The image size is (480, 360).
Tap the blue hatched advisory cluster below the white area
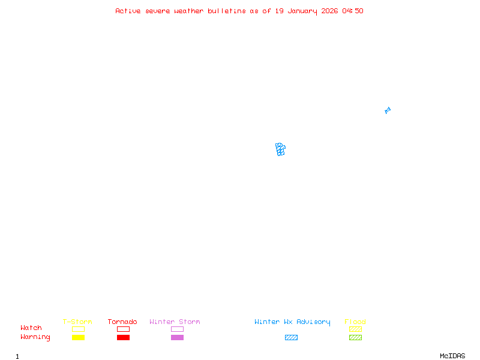[x=280, y=149]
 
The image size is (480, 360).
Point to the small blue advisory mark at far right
[x=388, y=110]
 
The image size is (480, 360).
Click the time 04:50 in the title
[x=353, y=11]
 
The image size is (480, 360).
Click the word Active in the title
[x=128, y=11]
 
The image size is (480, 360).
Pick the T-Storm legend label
[x=77, y=322]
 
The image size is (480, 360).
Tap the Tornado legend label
[x=122, y=322]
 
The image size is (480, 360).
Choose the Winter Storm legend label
[x=175, y=322]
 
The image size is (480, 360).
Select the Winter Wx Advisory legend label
[x=292, y=322]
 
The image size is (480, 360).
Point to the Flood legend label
[x=355, y=322]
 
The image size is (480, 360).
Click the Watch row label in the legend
[x=31, y=328]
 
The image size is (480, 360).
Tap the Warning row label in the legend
[x=35, y=337]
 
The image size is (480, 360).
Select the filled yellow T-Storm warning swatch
[x=78, y=337]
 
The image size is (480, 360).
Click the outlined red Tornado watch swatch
[x=123, y=329]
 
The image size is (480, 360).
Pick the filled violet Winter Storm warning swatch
[x=177, y=337]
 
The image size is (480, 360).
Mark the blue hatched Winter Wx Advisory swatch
[x=291, y=337]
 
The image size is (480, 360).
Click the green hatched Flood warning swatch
[x=355, y=337]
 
